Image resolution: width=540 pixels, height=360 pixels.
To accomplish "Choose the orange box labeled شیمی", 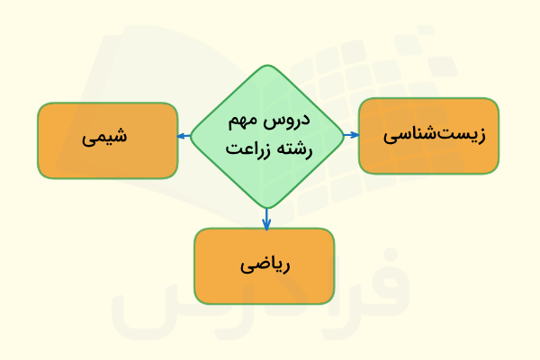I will [107, 140].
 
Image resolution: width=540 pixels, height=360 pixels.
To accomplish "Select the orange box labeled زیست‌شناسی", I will [428, 136].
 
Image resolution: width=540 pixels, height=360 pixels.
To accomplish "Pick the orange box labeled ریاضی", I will [264, 265].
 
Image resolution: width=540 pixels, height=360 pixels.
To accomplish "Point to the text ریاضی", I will [264, 265].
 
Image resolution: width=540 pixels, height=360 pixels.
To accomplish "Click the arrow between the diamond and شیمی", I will [184, 136].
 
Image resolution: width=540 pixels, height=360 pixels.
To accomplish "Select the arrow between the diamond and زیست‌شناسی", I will [352, 135].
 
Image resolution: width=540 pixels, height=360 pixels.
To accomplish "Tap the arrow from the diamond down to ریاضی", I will [267, 218].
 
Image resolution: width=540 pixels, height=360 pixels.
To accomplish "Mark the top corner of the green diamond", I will [267, 66].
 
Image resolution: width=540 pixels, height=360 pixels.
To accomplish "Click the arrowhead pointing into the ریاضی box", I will [267, 225].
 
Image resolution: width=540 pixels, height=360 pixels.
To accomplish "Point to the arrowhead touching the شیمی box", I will [181, 136].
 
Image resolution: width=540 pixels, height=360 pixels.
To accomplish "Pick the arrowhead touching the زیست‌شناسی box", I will [355, 135].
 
